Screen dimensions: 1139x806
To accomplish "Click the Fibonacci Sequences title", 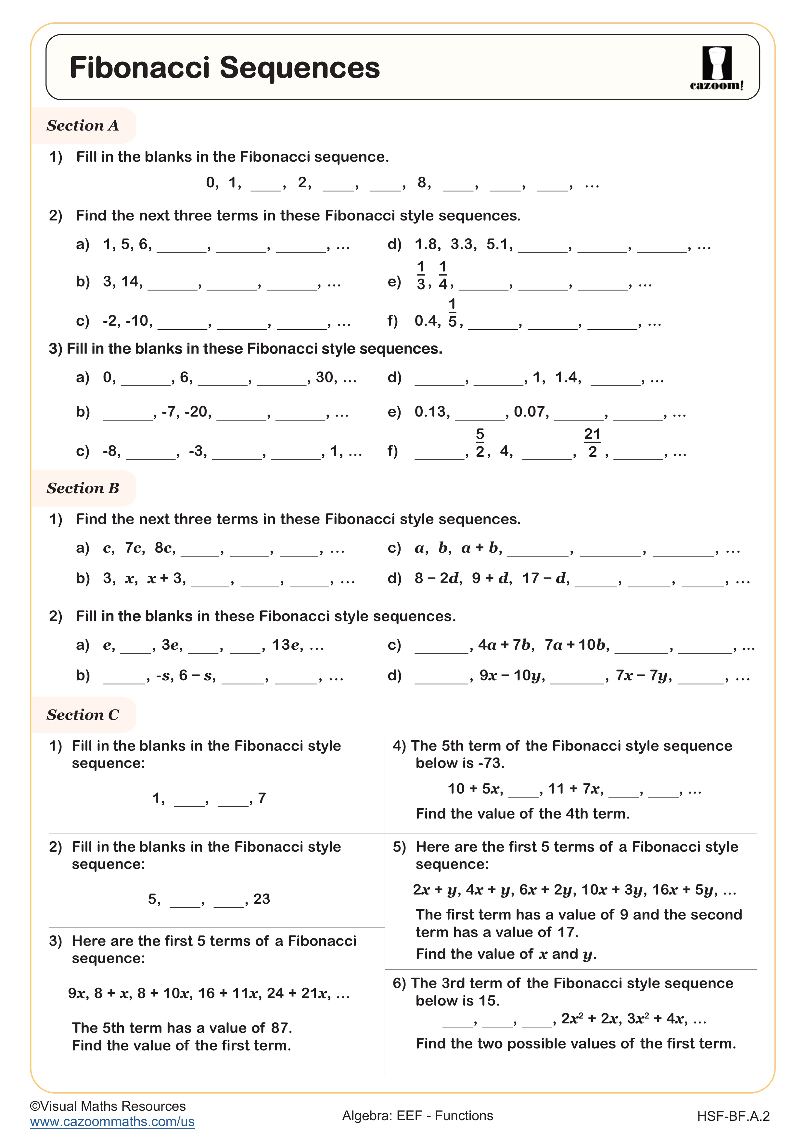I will pyautogui.click(x=224, y=68).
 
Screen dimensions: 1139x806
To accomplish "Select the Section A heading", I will pyautogui.click(x=83, y=126).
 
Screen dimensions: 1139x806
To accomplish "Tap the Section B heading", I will pyautogui.click(x=83, y=488).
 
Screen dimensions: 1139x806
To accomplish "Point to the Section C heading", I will pyautogui.click(x=83, y=715).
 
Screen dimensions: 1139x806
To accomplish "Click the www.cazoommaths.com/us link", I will pyautogui.click(x=112, y=1122).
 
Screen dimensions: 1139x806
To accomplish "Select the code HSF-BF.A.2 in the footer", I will pyautogui.click(x=733, y=1116).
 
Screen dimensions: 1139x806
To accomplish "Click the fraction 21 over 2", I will pyautogui.click(x=592, y=443).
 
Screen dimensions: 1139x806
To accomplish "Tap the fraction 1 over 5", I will pyautogui.click(x=452, y=313).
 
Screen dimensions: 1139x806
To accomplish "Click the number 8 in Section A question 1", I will pyautogui.click(x=422, y=182).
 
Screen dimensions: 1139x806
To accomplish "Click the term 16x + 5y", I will pyautogui.click(x=684, y=890).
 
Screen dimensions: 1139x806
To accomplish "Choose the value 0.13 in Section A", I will pyautogui.click(x=432, y=412).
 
